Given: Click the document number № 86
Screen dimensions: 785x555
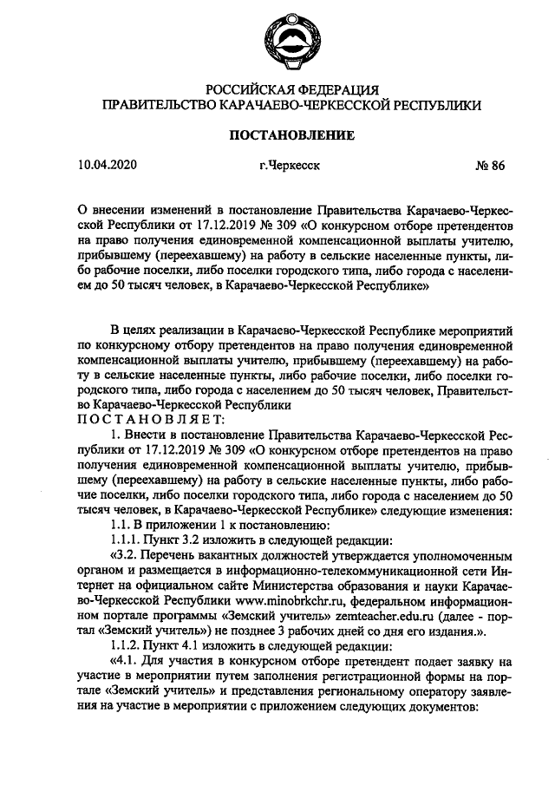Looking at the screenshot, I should tap(488, 167).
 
